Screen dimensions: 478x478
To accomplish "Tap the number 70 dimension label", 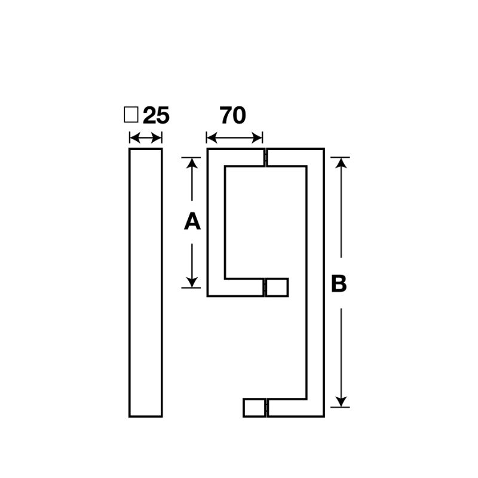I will (x=233, y=115).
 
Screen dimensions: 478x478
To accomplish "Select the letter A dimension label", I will (x=192, y=222).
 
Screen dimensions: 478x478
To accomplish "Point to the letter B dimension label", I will (x=339, y=284).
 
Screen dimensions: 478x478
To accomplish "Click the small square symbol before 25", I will (x=130, y=115).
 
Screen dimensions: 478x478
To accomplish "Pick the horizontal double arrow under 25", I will (x=146, y=139).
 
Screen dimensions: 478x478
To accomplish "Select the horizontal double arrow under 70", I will (x=235, y=139).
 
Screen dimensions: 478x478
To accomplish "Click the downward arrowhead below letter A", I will (x=192, y=281).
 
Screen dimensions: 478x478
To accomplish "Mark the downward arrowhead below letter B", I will (x=341, y=401).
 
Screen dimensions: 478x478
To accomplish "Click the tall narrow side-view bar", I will (x=146, y=282).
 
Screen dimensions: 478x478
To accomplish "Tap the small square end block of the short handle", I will (x=277, y=287).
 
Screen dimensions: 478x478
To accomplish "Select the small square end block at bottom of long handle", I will (x=253, y=407).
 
